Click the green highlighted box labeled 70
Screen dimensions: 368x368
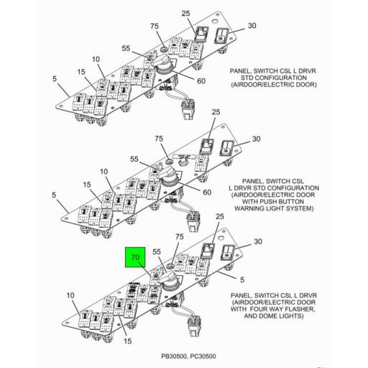(x=135, y=257)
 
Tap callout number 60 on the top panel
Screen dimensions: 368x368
(x=201, y=81)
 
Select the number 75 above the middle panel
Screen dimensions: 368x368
(x=159, y=139)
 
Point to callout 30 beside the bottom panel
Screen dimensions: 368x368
(x=258, y=241)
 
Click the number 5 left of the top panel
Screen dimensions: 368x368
(x=55, y=78)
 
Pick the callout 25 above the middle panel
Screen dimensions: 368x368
(x=216, y=112)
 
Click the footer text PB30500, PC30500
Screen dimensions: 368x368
(x=188, y=356)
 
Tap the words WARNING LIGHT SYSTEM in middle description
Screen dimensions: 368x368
(x=274, y=208)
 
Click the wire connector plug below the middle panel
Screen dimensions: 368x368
(x=194, y=221)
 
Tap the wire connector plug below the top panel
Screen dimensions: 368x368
(x=188, y=110)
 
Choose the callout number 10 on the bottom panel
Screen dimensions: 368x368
(x=70, y=295)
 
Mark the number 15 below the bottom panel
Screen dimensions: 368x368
(x=127, y=341)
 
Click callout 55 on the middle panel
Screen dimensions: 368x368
(x=134, y=159)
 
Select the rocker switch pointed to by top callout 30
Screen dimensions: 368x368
(x=221, y=36)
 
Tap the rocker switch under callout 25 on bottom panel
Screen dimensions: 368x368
(x=208, y=251)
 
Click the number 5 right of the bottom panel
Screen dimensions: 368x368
(x=242, y=280)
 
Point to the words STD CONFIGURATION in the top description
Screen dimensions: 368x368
(x=274, y=78)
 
